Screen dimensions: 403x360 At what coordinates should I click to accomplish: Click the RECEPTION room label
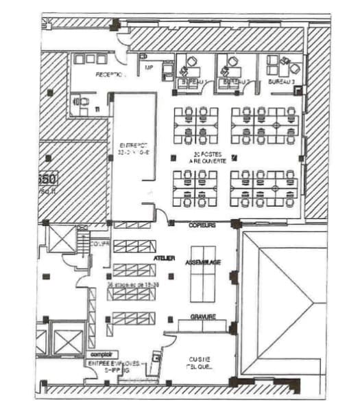109,74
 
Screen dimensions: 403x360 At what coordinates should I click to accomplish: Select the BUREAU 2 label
235,82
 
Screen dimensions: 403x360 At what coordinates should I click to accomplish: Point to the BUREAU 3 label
281,82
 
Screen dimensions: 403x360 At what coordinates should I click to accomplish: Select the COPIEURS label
202,224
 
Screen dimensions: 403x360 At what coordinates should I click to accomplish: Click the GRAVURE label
204,317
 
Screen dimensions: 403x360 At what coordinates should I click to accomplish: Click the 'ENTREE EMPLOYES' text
114,362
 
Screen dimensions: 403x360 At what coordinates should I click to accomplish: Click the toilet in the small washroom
84,102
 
